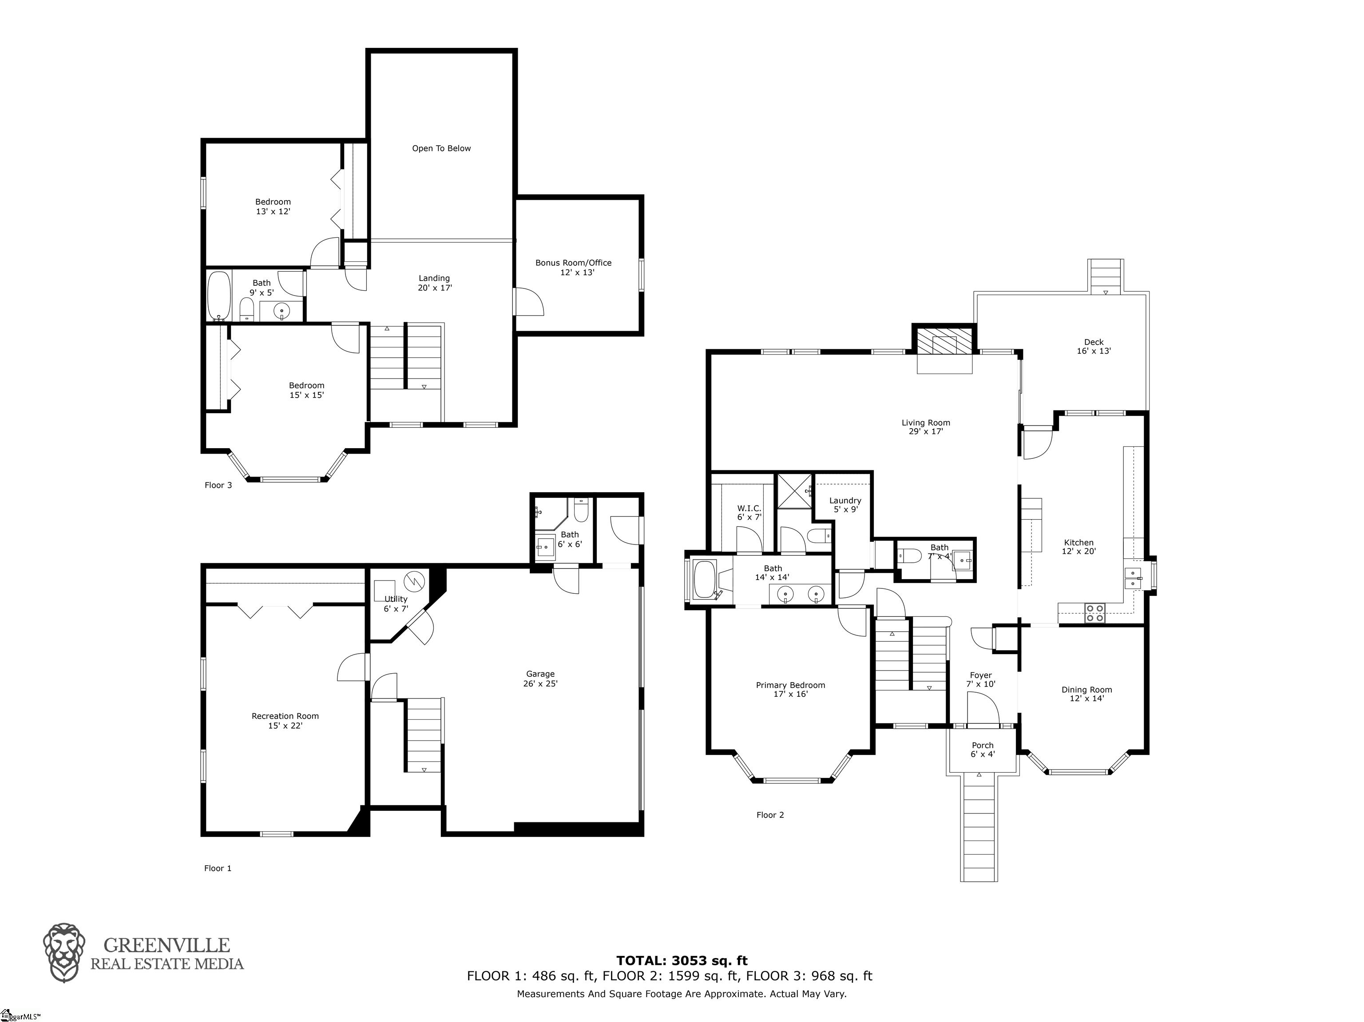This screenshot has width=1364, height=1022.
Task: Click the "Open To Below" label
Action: pyautogui.click(x=441, y=149)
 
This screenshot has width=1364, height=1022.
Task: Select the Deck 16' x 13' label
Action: pyautogui.click(x=1094, y=347)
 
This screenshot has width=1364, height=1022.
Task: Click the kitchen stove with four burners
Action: pyautogui.click(x=1095, y=613)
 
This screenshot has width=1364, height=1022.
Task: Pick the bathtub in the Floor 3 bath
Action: pyautogui.click(x=219, y=296)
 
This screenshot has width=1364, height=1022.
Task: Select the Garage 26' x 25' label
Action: pyautogui.click(x=541, y=679)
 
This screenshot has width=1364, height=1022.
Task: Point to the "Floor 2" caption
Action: pyautogui.click(x=770, y=815)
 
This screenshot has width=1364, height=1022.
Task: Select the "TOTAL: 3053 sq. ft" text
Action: pyautogui.click(x=682, y=960)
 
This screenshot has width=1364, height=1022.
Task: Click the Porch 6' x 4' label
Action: pyautogui.click(x=983, y=750)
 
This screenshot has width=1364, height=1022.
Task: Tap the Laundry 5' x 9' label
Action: pyautogui.click(x=845, y=505)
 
